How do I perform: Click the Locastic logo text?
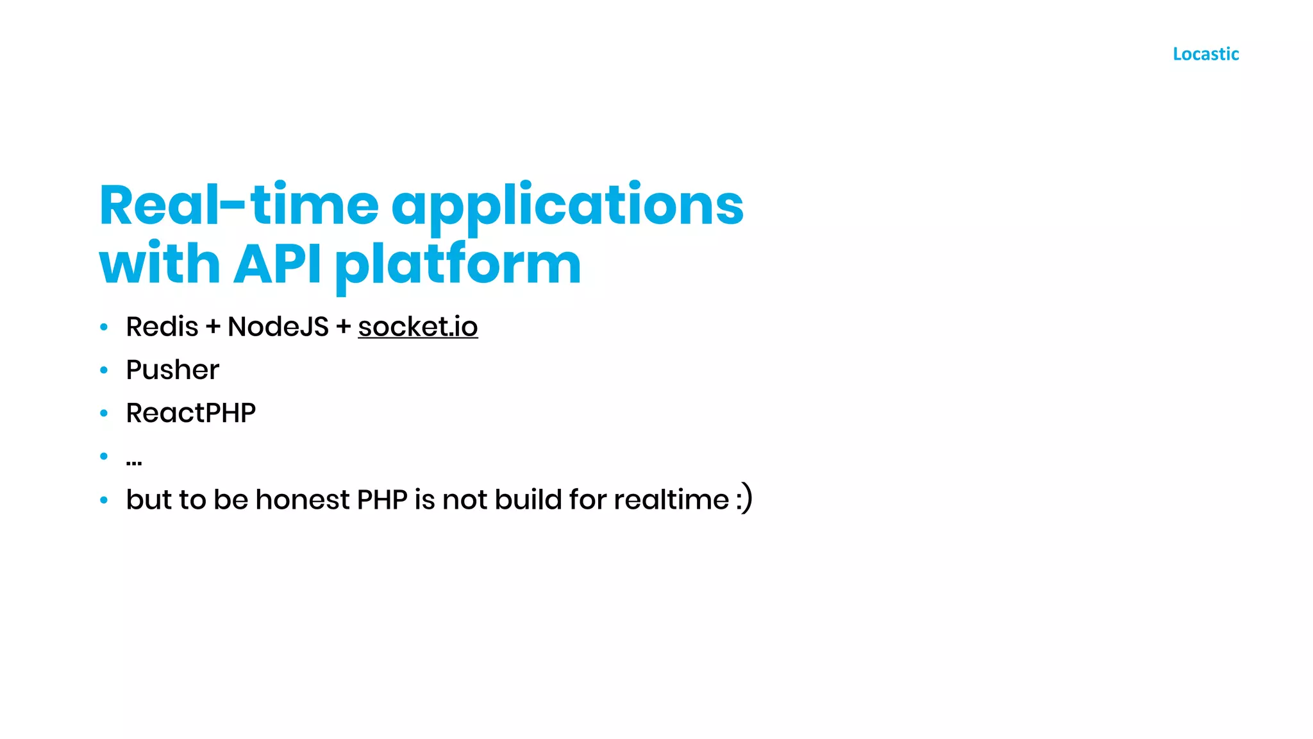pos(1205,54)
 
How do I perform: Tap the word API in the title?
pos(277,264)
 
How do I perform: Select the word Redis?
pos(162,327)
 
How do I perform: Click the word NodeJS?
pos(278,327)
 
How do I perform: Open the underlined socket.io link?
pos(417,327)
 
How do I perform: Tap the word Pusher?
pos(172,370)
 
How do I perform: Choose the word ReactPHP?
pos(190,413)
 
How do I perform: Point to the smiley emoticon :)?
pos(744,499)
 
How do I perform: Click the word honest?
pos(302,499)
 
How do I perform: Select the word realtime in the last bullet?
pos(671,499)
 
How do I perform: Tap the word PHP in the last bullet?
pos(382,499)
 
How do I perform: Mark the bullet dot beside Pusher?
pos(104,370)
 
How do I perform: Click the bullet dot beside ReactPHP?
pos(104,413)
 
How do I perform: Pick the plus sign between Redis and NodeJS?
pos(213,327)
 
